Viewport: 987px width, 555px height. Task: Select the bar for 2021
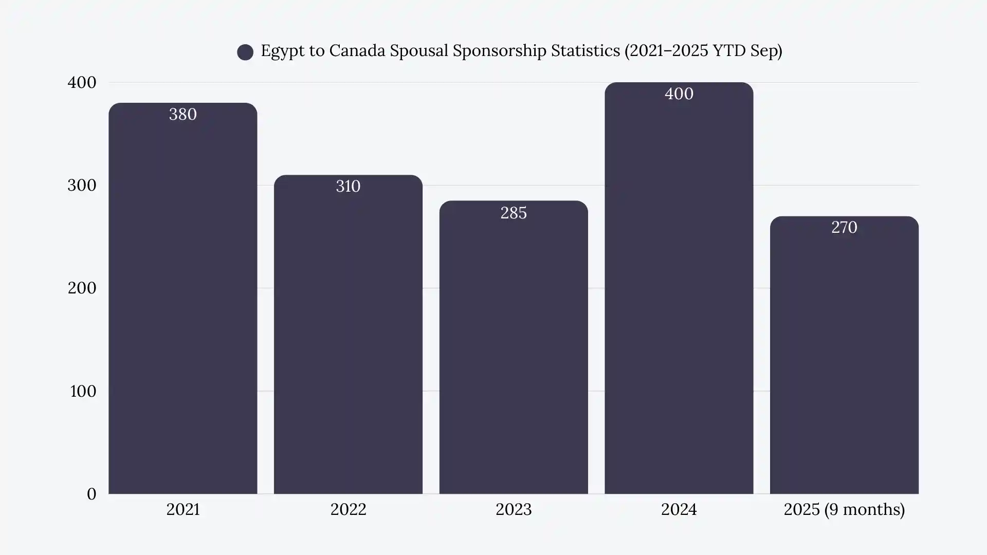182,308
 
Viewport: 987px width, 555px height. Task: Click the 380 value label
182,114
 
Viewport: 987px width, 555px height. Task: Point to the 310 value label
348,186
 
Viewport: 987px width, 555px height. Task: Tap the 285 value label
514,213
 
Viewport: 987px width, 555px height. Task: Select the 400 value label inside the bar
679,94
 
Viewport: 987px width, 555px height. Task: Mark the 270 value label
844,227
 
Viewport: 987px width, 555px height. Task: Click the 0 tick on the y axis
92,494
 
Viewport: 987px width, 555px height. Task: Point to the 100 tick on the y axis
83,391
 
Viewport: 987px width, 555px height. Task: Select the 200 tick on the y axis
82,288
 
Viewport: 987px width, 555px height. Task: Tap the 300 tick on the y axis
82,185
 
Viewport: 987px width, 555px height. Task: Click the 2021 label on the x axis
182,509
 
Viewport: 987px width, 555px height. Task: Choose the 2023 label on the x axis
514,509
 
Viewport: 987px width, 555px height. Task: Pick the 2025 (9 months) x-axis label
844,509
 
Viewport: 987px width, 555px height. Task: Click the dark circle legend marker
245,52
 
